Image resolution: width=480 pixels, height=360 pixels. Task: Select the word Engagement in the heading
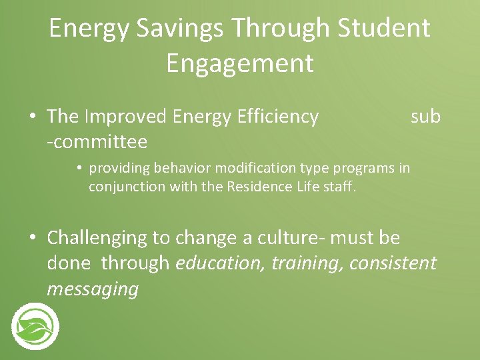(239, 64)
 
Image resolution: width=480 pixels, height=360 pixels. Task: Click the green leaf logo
(35, 326)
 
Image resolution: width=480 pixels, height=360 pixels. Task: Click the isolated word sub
(425, 117)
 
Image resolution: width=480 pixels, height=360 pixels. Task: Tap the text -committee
(97, 142)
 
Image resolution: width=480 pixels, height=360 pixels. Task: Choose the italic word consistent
(393, 263)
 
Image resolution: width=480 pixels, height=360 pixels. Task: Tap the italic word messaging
(93, 289)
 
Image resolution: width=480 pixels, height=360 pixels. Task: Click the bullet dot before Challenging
(33, 238)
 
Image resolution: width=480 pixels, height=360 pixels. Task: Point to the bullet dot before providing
(79, 168)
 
